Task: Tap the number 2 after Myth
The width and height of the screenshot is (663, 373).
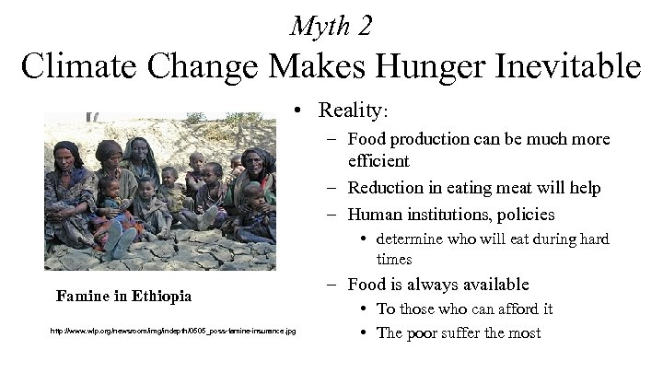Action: tap(366, 27)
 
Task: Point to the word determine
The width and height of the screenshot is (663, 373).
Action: tap(414, 239)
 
